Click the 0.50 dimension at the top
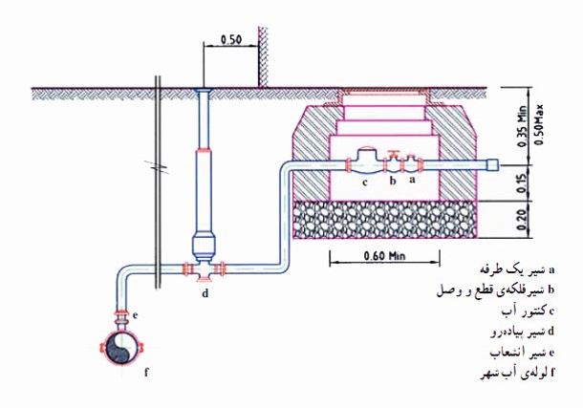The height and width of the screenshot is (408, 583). pyautogui.click(x=231, y=39)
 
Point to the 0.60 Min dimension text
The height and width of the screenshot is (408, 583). pyautogui.click(x=384, y=256)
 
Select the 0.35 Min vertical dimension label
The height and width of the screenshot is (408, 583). pyautogui.click(x=522, y=127)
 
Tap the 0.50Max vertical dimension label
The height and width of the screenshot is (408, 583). pyautogui.click(x=539, y=125)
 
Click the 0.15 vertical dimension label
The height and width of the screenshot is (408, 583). pyautogui.click(x=522, y=183)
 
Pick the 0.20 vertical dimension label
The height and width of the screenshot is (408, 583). pyautogui.click(x=522, y=220)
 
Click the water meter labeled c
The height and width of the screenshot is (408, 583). pyautogui.click(x=367, y=161)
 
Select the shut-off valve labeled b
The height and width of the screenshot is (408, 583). pyautogui.click(x=393, y=162)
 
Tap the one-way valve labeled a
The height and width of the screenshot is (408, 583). pyautogui.click(x=411, y=164)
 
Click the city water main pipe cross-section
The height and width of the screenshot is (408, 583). pyautogui.click(x=121, y=350)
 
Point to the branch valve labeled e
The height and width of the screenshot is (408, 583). pyautogui.click(x=121, y=317)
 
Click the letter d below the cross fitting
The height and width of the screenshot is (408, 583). pyautogui.click(x=205, y=293)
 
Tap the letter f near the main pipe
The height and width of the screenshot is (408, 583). pyautogui.click(x=146, y=372)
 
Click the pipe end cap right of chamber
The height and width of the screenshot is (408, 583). pyautogui.click(x=492, y=164)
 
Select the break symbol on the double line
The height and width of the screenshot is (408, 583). pyautogui.click(x=158, y=166)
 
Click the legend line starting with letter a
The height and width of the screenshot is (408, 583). pyautogui.click(x=517, y=269)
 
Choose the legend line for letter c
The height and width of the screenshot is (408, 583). pyautogui.click(x=528, y=311)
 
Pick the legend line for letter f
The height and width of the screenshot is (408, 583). pyautogui.click(x=517, y=373)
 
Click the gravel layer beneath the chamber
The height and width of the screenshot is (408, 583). pyautogui.click(x=385, y=219)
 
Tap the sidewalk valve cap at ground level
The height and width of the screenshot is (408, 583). pyautogui.click(x=204, y=90)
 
